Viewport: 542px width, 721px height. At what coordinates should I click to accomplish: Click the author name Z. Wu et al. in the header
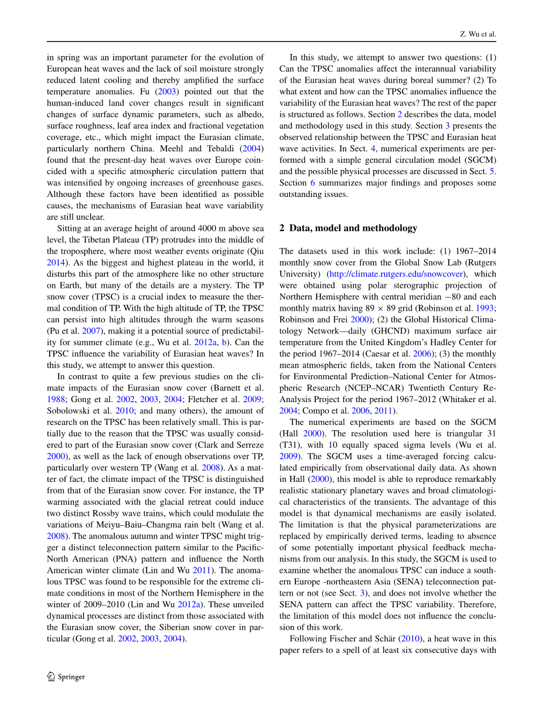478,34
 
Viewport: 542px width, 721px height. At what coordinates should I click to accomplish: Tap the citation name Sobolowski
69,411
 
